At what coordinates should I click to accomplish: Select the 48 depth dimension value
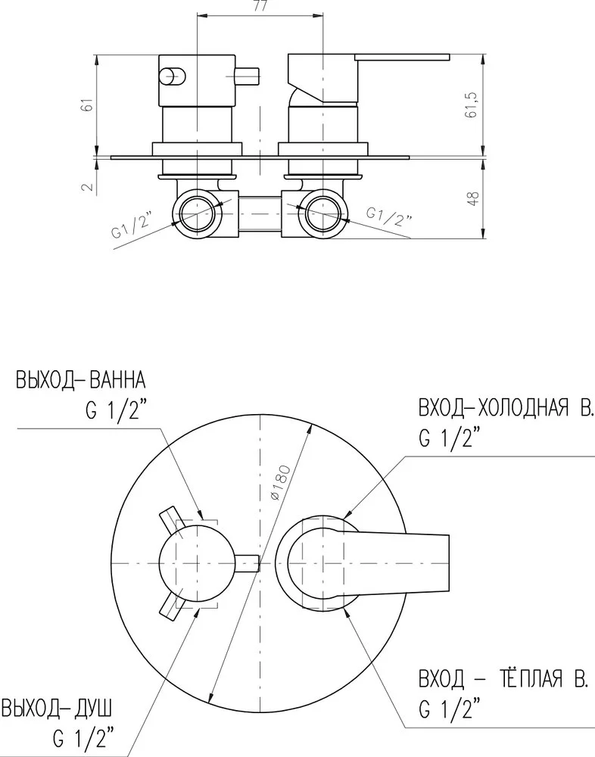coord(473,199)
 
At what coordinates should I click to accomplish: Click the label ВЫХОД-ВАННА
coord(82,378)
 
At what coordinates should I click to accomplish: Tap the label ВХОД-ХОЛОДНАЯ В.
coord(506,410)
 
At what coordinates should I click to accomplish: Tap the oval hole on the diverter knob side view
coord(171,76)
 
